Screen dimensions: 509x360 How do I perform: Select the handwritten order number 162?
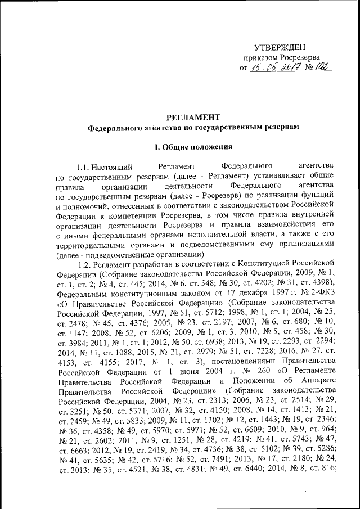tap(323, 67)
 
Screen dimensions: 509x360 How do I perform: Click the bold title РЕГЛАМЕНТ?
tap(192, 117)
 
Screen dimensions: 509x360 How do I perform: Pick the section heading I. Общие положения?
tap(193, 147)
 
